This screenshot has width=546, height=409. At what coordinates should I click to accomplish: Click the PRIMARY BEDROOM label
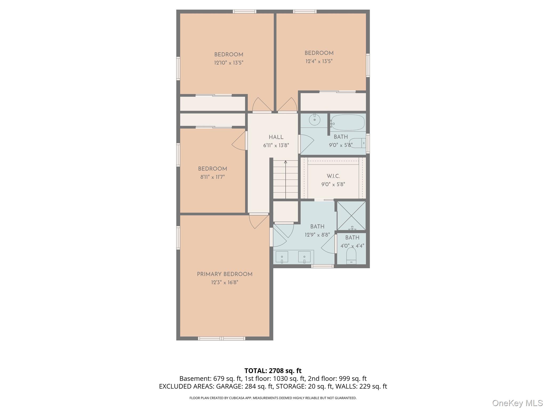[x=224, y=274]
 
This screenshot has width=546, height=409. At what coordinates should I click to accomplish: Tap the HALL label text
[x=276, y=137]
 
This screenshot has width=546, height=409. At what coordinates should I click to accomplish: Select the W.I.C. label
[x=333, y=176]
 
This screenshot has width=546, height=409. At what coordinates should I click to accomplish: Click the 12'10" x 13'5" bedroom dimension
[x=229, y=63]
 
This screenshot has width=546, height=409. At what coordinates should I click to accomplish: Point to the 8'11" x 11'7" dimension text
[x=212, y=177]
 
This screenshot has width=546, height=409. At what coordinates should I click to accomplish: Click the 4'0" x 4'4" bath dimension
[x=352, y=246]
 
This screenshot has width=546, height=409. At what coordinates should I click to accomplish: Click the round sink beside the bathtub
[x=315, y=120]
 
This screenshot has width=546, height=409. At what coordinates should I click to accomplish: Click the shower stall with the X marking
[x=351, y=215]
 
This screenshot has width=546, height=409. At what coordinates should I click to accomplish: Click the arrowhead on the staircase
[x=286, y=162]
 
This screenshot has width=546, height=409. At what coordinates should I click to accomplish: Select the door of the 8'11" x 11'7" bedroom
[x=239, y=141]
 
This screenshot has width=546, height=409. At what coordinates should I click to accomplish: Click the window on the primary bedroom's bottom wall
[x=221, y=338]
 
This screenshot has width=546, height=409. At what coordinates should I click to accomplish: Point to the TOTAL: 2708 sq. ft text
[x=273, y=371]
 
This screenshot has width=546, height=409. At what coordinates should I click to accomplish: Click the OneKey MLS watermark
[x=517, y=403]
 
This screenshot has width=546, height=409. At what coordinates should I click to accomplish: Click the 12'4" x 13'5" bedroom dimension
[x=319, y=61]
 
